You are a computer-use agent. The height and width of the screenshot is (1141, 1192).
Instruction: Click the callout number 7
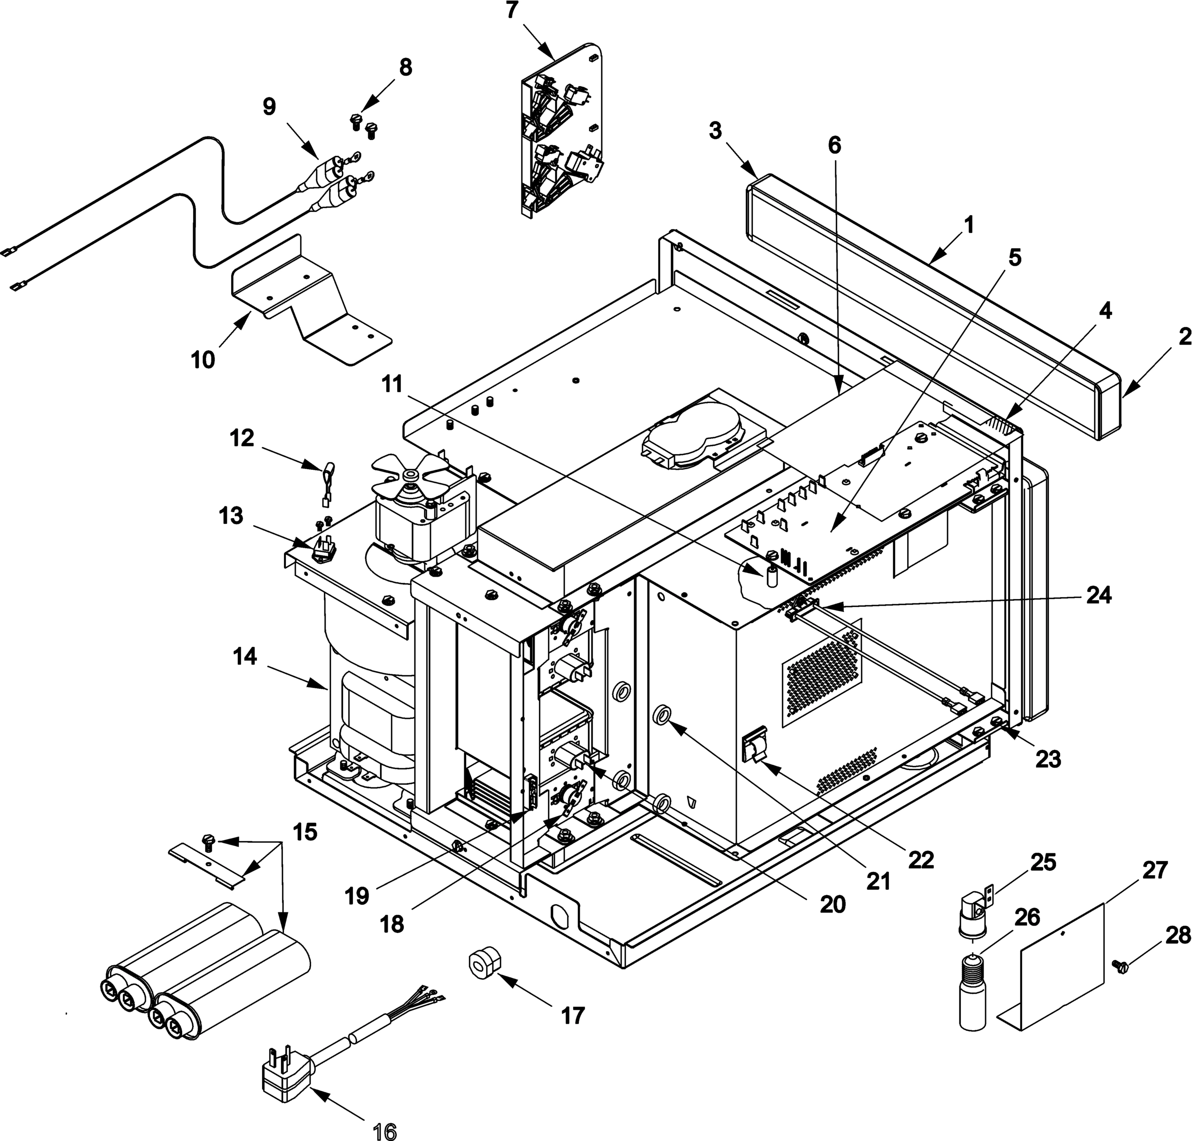pyautogui.click(x=511, y=12)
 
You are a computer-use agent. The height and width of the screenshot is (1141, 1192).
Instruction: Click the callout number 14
pyautogui.click(x=245, y=657)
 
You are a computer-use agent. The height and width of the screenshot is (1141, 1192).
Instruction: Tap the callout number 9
pyautogui.click(x=269, y=107)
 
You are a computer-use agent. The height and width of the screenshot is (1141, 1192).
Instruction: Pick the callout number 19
pyautogui.click(x=357, y=895)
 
